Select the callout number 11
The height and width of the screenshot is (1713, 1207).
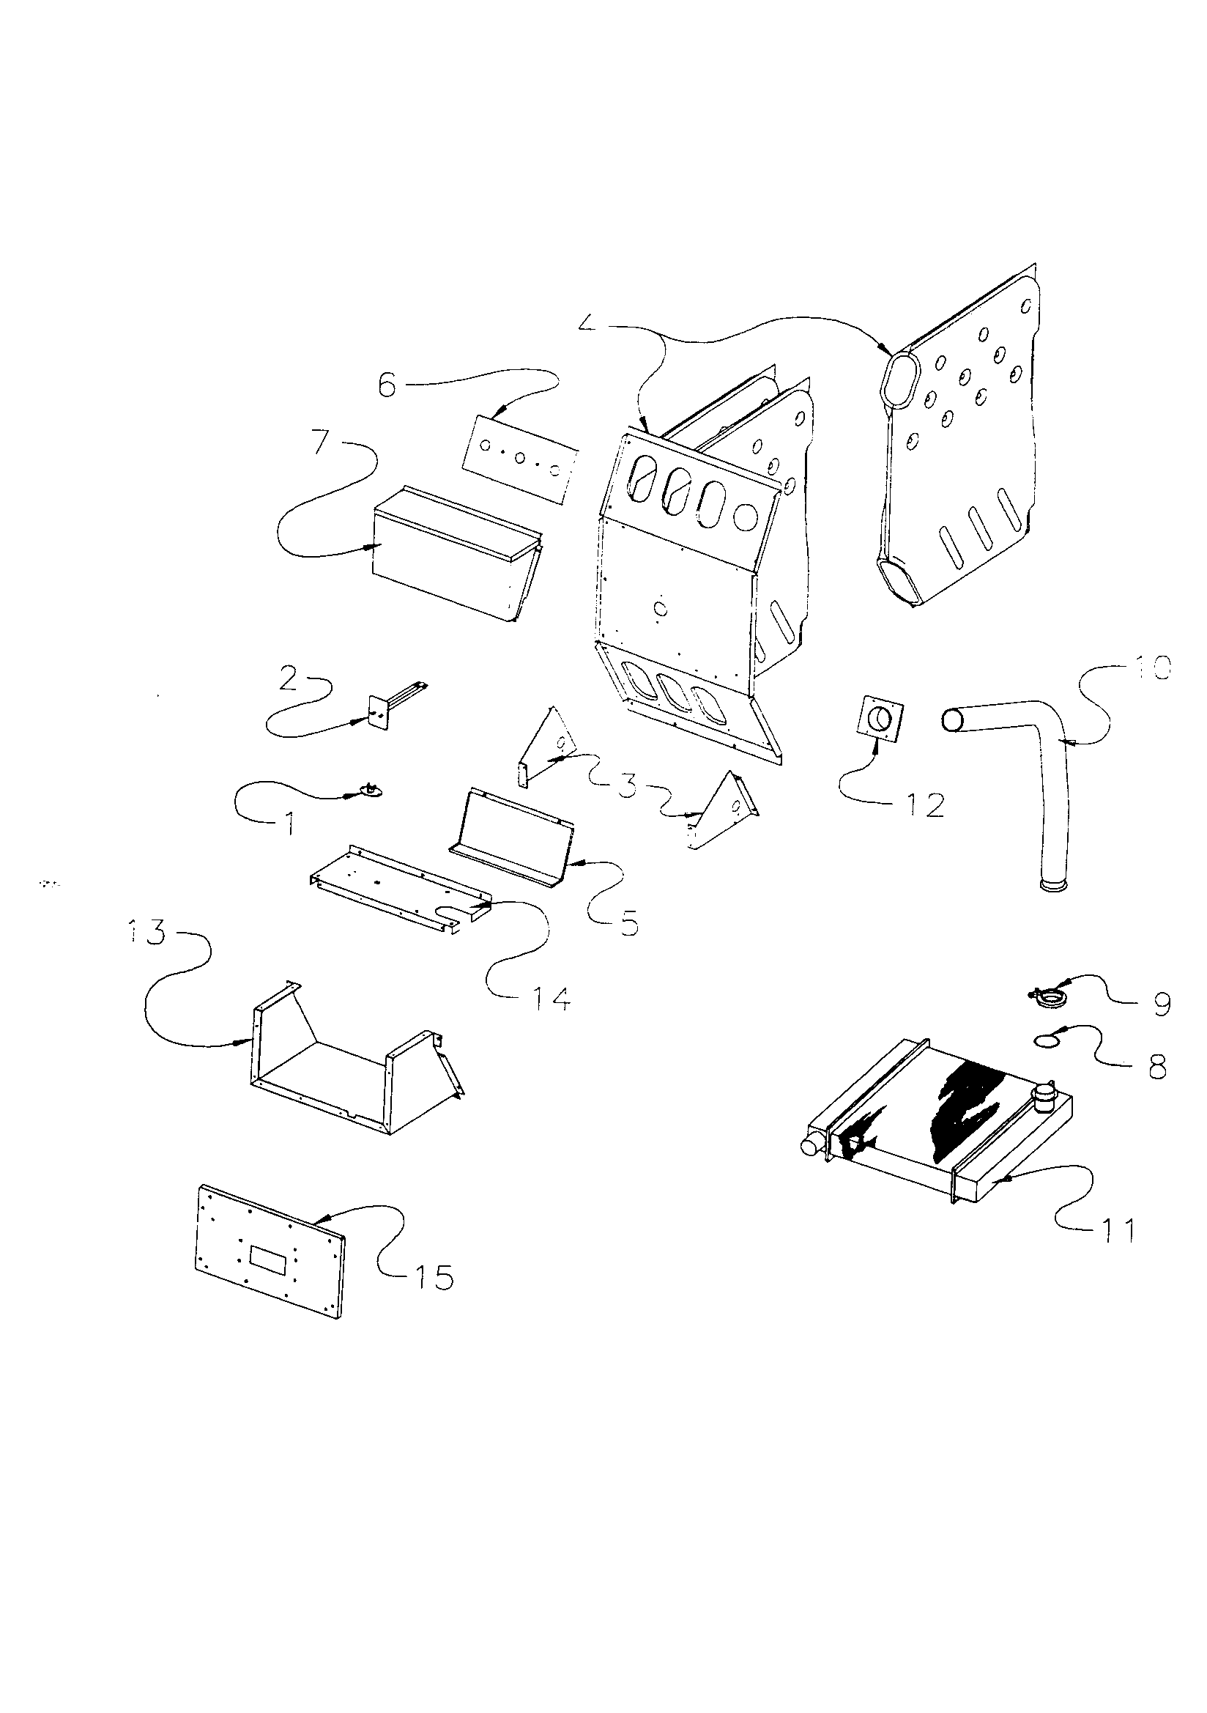click(x=1111, y=1229)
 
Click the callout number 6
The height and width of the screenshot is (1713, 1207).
click(x=387, y=387)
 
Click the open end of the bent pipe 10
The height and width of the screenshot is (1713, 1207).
click(x=952, y=720)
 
